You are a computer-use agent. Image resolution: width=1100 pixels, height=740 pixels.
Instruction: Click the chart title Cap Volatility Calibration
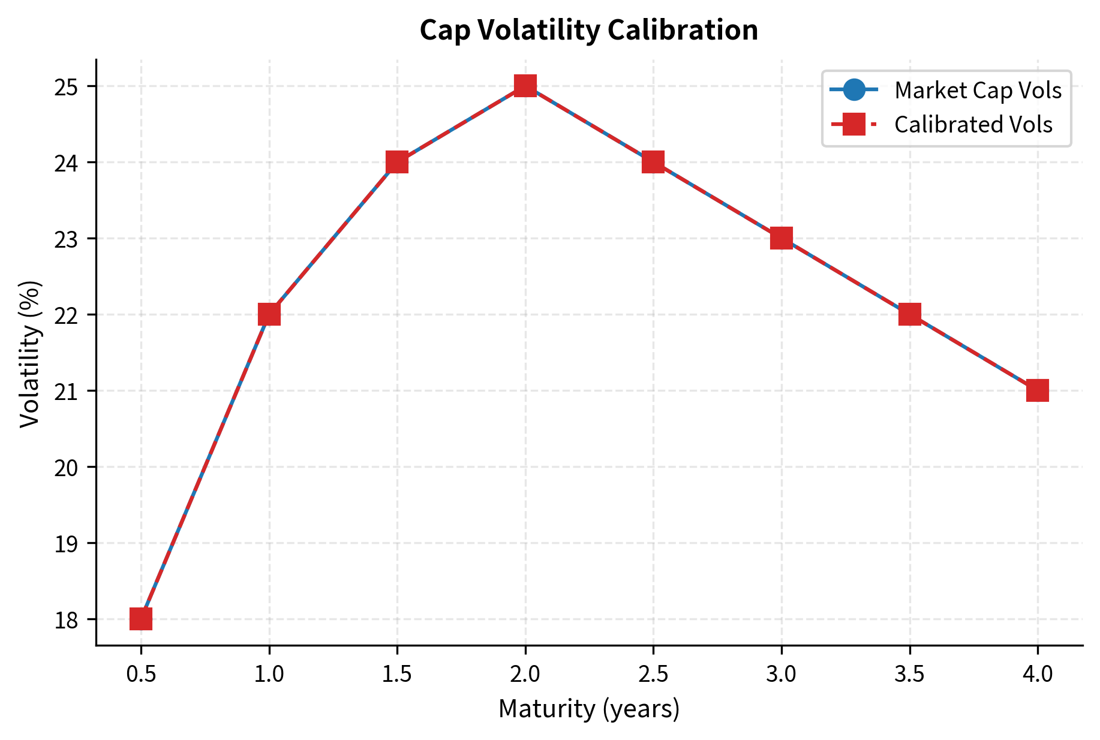(x=588, y=30)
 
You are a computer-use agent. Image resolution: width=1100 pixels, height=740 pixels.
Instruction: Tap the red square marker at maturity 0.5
(x=141, y=618)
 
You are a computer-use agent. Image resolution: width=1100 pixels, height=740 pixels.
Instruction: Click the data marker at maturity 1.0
(x=269, y=314)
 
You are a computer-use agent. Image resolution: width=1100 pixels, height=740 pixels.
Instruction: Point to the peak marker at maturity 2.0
(x=525, y=86)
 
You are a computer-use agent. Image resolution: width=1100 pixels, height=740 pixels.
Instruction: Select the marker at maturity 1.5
(x=397, y=162)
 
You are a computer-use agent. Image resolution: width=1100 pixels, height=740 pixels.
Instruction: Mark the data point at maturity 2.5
(x=653, y=162)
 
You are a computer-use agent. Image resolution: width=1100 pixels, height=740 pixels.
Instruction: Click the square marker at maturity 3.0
(x=782, y=238)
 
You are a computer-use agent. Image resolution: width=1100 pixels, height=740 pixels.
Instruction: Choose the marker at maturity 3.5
(x=910, y=314)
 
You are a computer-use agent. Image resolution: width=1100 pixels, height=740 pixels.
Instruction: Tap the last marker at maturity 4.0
(x=1038, y=390)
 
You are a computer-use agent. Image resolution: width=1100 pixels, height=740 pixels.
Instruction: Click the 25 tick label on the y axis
(x=67, y=86)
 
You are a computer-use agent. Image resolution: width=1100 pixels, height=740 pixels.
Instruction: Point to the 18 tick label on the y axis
(x=67, y=619)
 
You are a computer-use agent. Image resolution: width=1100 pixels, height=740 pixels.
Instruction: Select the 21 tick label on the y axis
(x=67, y=391)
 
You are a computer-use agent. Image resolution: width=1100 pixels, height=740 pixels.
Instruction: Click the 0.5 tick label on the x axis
(x=141, y=674)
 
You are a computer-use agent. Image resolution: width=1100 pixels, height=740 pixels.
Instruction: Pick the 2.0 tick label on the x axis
(x=525, y=674)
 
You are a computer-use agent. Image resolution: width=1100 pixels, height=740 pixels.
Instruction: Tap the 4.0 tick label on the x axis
(x=1038, y=674)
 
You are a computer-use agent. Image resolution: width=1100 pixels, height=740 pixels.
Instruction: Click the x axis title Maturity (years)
(x=588, y=709)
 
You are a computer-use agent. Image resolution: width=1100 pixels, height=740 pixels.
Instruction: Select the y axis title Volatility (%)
(x=30, y=354)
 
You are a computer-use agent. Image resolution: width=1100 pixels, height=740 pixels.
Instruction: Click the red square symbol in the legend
(x=853, y=125)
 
